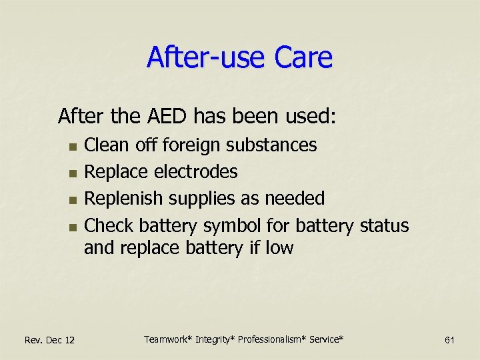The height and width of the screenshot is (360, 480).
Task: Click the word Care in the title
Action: [302, 57]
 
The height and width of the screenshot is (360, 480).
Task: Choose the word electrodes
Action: [196, 172]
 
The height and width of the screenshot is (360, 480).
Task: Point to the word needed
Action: [295, 199]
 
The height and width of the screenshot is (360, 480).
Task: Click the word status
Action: [384, 225]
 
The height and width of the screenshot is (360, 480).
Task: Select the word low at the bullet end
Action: [279, 248]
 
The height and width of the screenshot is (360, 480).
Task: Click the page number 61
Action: [449, 341]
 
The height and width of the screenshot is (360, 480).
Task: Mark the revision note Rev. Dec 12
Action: [49, 341]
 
